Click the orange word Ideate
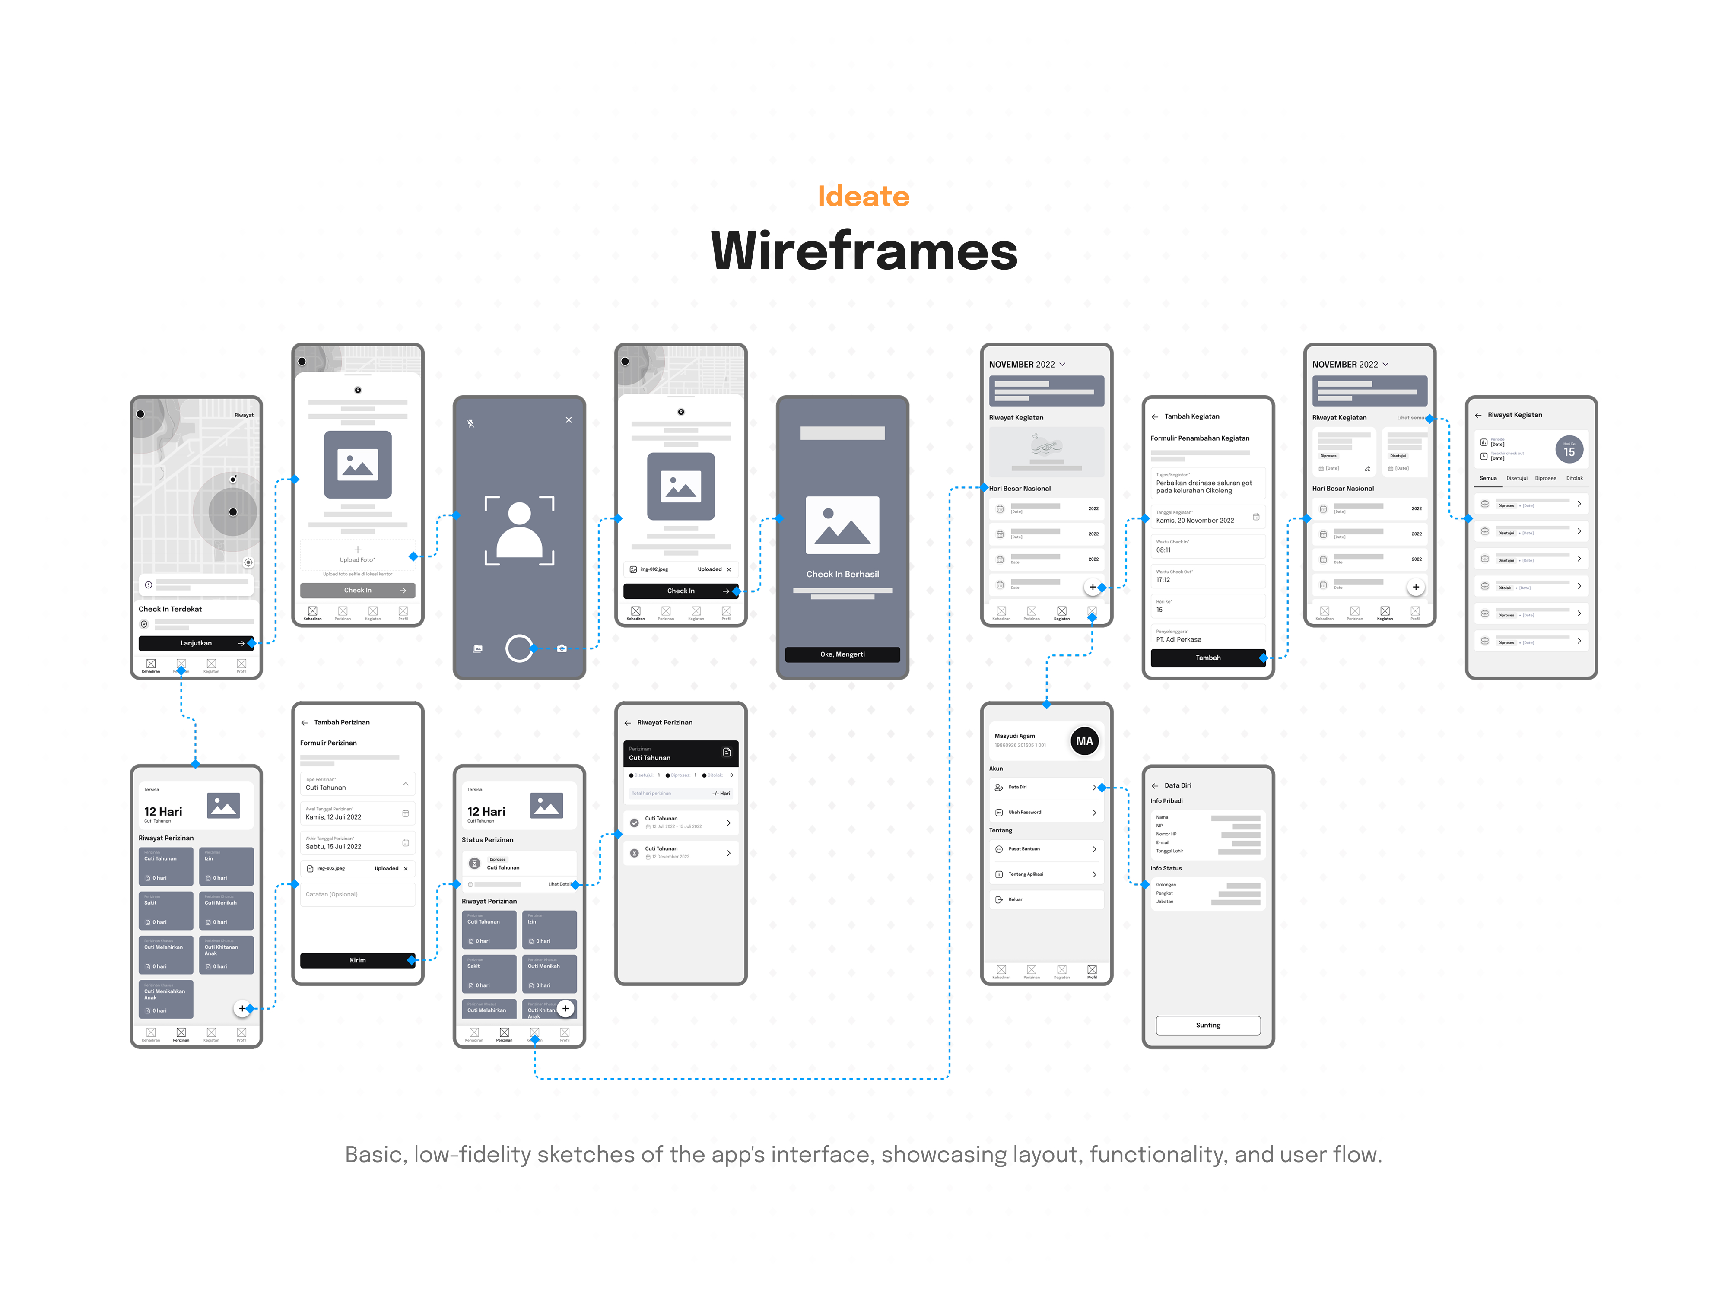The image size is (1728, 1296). [863, 196]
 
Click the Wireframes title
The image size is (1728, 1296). [863, 251]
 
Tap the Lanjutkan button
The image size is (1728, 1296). [196, 643]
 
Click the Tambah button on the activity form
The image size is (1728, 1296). [1208, 658]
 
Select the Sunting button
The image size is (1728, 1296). [1208, 1025]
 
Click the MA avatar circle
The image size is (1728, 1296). [1084, 740]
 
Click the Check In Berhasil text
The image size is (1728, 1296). [842, 574]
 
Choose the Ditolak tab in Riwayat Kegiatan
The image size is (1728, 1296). [1574, 478]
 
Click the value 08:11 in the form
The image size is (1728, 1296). [1163, 550]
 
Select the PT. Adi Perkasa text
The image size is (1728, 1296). [1179, 639]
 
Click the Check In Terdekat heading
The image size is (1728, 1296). [170, 609]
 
